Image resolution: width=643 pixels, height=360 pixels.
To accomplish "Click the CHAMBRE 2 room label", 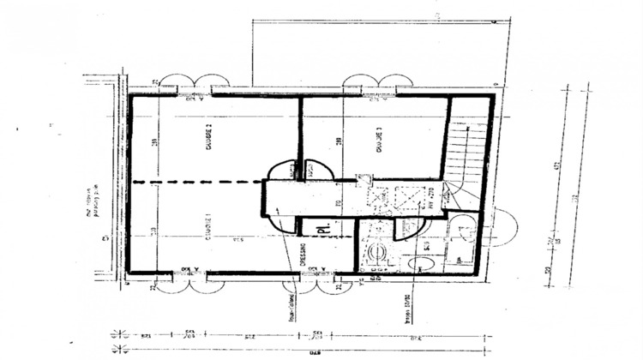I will (x=208, y=137).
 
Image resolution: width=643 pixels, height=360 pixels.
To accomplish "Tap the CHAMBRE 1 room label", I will (x=208, y=228).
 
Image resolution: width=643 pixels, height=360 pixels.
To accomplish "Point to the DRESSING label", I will (x=303, y=255).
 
